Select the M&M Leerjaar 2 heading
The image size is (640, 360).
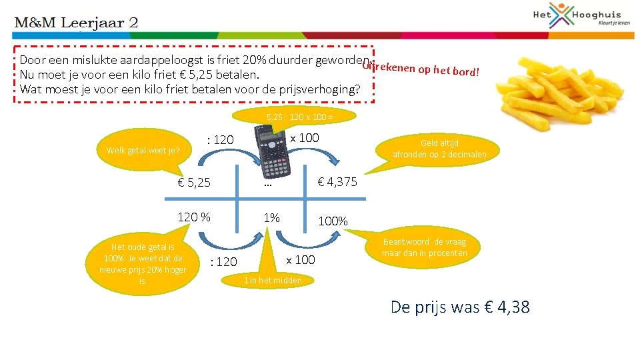tap(77, 22)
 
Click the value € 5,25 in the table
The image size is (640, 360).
tap(194, 182)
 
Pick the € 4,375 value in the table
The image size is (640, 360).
tap(337, 181)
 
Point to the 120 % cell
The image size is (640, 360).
tap(193, 217)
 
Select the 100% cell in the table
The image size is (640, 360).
tap(332, 221)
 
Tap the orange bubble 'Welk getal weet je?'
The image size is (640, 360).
tap(143, 150)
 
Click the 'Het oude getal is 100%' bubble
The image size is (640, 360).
tap(143, 263)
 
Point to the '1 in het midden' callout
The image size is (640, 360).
tap(272, 280)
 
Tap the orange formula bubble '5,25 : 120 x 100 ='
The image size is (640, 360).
tap(299, 117)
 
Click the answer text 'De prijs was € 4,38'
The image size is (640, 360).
tap(460, 307)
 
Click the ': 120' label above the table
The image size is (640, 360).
tap(221, 139)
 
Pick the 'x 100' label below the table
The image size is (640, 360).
tap(301, 259)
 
